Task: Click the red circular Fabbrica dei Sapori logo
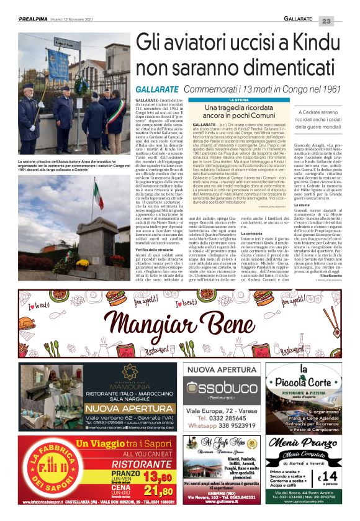pyautogui.click(x=46, y=475)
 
